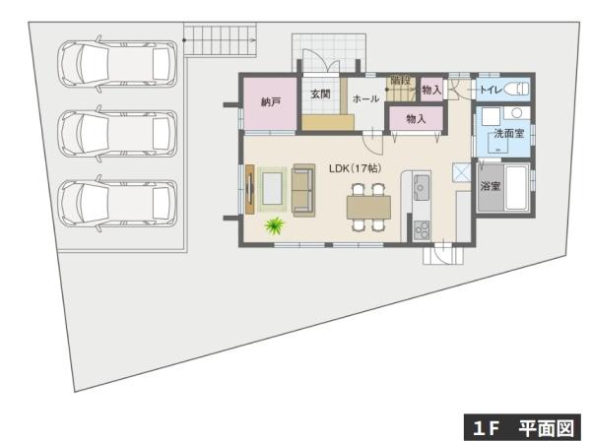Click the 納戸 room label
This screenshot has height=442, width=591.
271,101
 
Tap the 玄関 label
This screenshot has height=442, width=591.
320,95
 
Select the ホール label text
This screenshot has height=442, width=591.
365,99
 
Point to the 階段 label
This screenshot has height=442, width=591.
399,79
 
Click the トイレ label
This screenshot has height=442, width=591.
491,91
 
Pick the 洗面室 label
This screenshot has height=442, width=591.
509,130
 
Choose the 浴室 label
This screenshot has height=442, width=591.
490,185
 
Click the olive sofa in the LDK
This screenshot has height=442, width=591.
303,189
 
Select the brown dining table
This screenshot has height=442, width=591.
368,207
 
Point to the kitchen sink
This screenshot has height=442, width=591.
422,185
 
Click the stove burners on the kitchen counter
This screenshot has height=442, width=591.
422,229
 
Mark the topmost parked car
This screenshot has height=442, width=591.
117,64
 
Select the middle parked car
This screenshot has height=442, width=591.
117,133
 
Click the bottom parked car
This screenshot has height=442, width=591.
117,203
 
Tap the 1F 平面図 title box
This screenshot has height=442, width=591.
522,428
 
